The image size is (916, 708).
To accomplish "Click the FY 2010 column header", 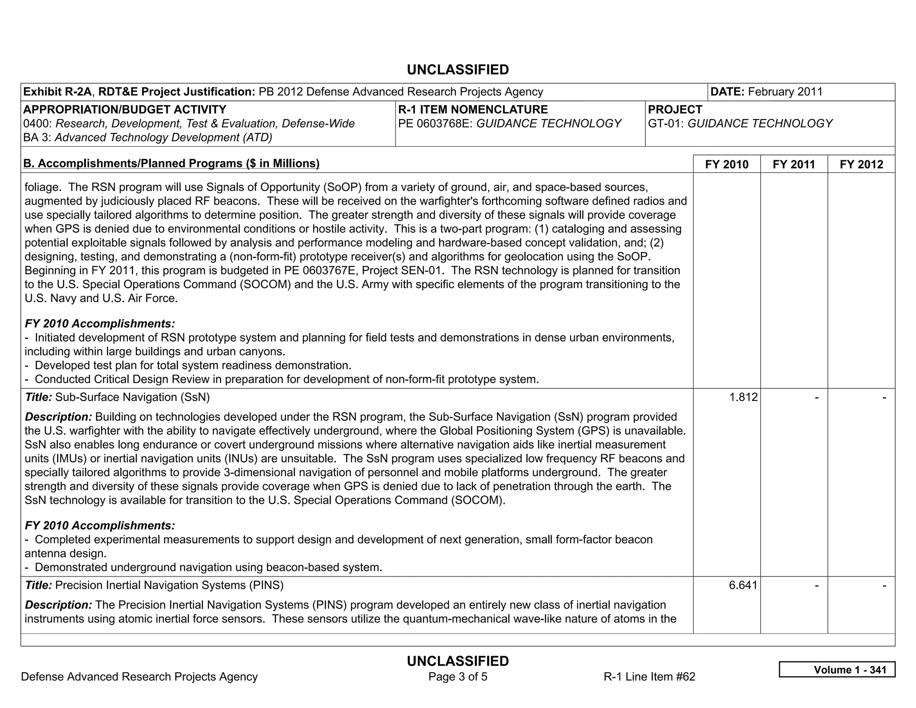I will pos(726,164).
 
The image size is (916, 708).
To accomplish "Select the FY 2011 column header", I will pos(794,164).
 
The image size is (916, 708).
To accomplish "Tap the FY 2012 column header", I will pos(861,164).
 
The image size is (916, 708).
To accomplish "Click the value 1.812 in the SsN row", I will pos(743,397).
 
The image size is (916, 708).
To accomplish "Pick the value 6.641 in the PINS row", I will pos(743,585).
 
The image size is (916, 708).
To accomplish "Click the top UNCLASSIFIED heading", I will pos(458,70).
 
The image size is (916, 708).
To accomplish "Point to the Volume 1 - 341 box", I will pos(837,670).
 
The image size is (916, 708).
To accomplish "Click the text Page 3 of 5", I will pos(458,677).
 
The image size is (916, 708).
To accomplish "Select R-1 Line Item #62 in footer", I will pos(649,677).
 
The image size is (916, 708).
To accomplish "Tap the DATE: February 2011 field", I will pos(767,92).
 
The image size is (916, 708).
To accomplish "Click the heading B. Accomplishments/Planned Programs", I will pos(171,163).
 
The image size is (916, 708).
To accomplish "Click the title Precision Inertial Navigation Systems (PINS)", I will pos(154,585).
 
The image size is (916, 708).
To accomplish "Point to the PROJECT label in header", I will pos(675,110).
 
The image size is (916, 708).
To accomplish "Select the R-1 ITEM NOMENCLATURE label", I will pos(473,110).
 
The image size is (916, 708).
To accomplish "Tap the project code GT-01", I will pos(665,124).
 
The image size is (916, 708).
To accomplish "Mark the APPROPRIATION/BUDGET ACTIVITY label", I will pos(124,110).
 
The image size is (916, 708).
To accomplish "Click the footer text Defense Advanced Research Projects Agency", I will pos(139,677).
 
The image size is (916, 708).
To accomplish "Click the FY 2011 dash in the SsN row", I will pos(816,397).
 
